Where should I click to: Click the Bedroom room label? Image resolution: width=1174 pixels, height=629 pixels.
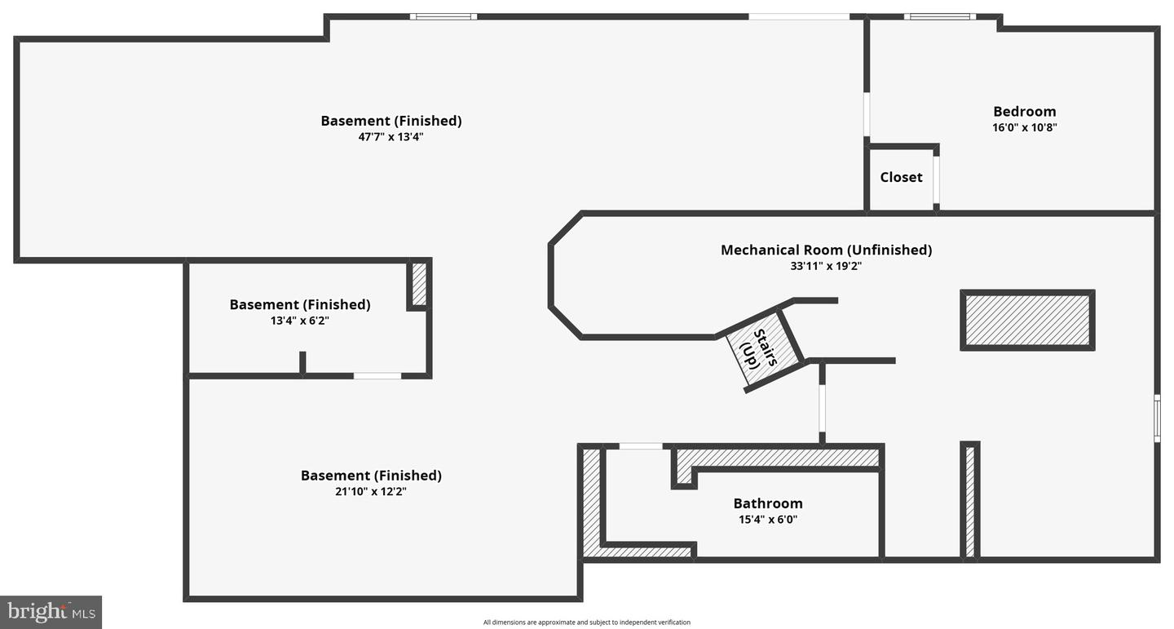[x=1025, y=111]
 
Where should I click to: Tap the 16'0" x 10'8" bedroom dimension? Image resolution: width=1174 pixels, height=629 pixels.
[x=1025, y=127]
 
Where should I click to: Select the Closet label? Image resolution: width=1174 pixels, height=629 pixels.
[x=901, y=177]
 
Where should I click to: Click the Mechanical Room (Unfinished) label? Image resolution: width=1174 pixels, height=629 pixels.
[x=827, y=250]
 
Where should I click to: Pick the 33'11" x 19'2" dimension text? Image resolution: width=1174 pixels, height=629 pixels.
[x=826, y=266]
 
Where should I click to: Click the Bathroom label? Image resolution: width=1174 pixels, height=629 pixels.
[x=768, y=503]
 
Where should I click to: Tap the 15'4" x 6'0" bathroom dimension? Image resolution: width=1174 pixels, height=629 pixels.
[x=768, y=520]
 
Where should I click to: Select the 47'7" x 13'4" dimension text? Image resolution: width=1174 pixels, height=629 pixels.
[x=391, y=137]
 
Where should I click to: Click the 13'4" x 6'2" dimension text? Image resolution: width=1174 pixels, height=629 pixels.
[x=300, y=321]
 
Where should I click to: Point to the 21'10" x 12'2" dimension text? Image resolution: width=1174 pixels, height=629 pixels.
[x=371, y=492]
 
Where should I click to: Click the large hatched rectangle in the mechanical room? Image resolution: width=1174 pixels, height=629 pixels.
[x=1027, y=320]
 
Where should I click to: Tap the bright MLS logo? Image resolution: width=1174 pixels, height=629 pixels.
[x=51, y=612]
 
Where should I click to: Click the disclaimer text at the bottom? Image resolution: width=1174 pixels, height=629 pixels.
[x=586, y=622]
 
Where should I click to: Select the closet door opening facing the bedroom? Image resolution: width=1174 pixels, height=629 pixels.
[x=936, y=180]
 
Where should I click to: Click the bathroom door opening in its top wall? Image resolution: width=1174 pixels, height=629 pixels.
[x=641, y=446]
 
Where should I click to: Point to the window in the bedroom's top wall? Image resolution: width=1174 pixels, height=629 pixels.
[x=940, y=17]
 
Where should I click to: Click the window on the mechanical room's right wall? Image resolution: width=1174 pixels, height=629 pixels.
[x=1157, y=418]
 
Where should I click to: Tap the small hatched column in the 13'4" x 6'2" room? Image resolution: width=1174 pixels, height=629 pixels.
[x=419, y=285]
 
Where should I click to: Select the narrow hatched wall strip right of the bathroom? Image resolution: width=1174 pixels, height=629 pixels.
[x=970, y=502]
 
